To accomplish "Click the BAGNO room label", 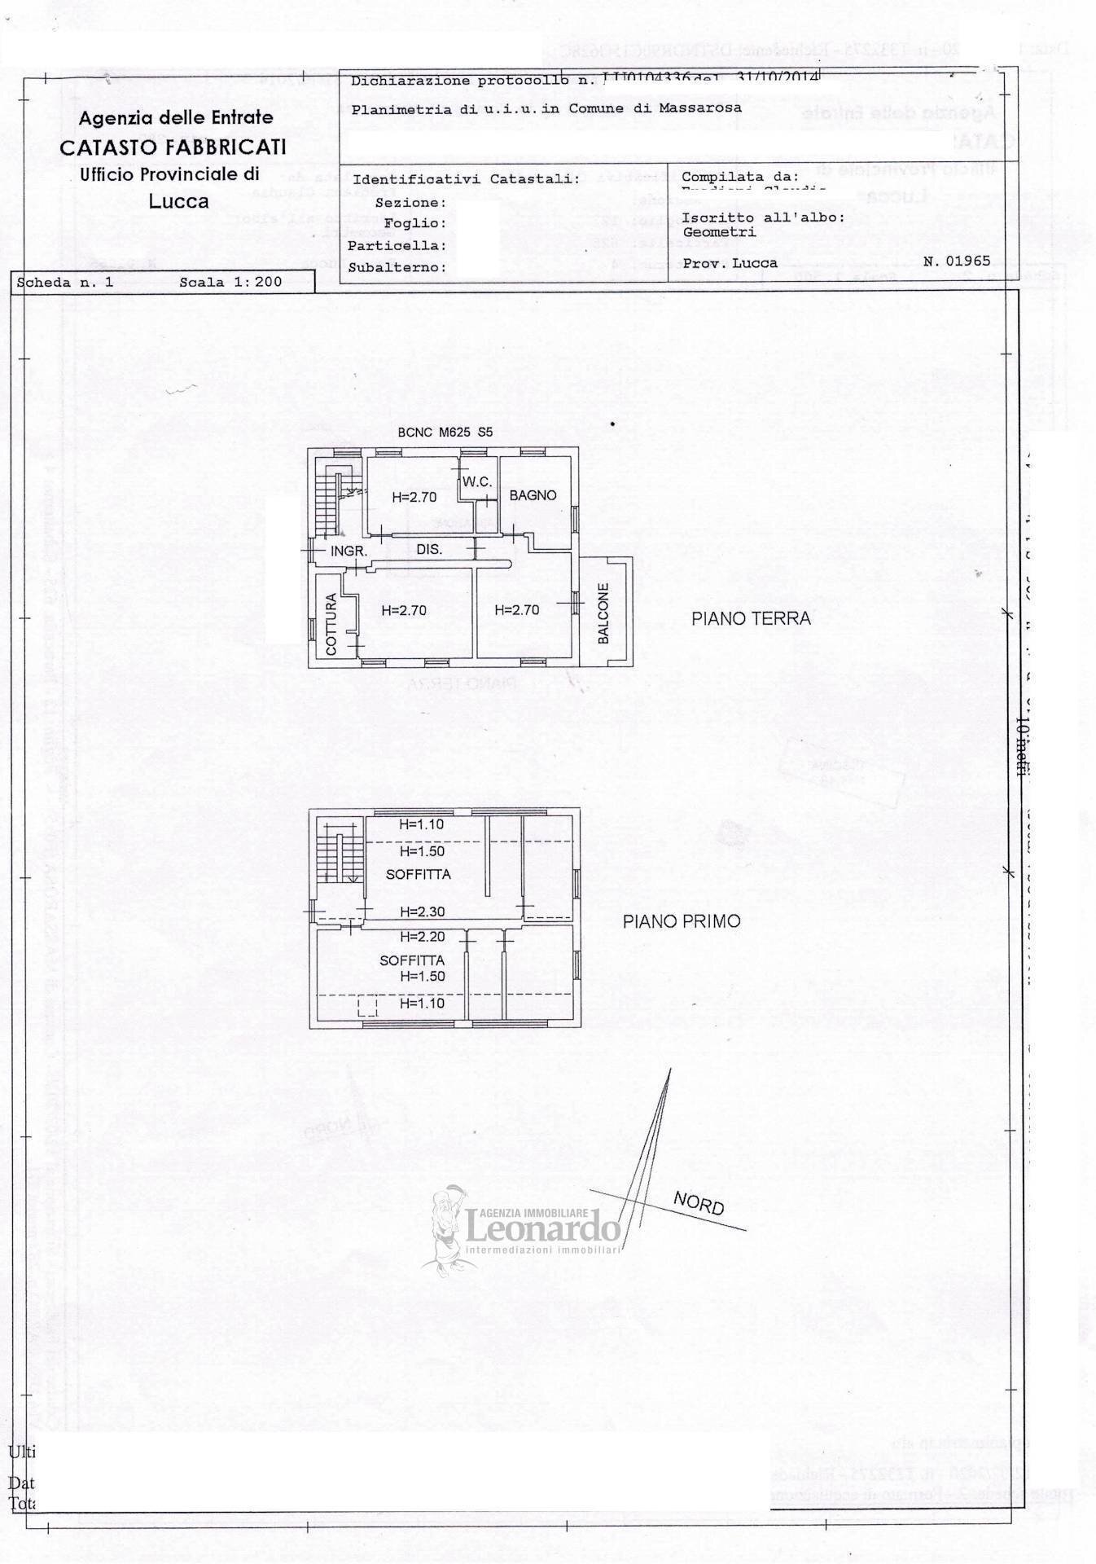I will click(x=533, y=495).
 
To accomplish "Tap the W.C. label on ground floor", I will click(x=477, y=481).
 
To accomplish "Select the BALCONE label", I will click(x=603, y=613).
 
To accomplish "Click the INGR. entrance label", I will click(x=349, y=551).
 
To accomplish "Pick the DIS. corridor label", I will click(x=429, y=550).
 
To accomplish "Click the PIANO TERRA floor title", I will click(x=751, y=619).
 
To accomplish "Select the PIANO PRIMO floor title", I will click(x=682, y=921).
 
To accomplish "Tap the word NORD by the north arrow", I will click(x=699, y=1202).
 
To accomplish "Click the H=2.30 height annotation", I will click(x=422, y=912).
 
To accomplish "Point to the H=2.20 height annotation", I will click(x=422, y=937).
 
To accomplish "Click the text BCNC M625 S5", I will click(x=445, y=433).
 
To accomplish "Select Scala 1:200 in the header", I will click(x=230, y=282).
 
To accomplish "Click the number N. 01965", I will click(x=957, y=261).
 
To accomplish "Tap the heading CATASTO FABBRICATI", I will click(x=173, y=147).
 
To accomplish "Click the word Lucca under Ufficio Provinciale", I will click(x=178, y=200).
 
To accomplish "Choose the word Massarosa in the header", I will click(x=701, y=108).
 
